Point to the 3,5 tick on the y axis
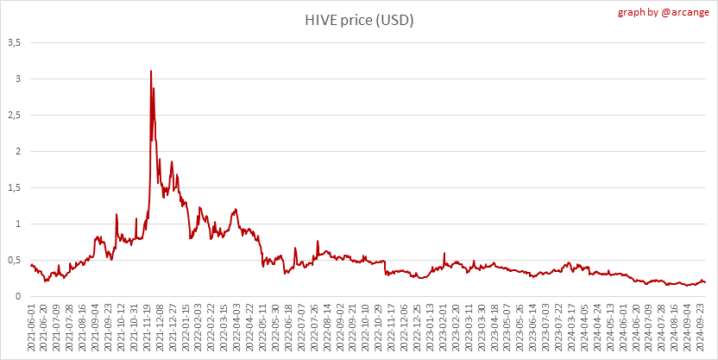click(15, 42)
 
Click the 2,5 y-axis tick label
click(15, 115)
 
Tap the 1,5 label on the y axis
click(15, 187)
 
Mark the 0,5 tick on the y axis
click(15, 260)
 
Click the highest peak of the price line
click(151, 71)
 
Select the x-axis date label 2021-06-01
click(32, 328)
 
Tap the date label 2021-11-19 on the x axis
click(147, 328)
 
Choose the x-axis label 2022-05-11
click(262, 328)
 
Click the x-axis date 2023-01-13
click(429, 328)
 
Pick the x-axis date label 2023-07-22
click(557, 328)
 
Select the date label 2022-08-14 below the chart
click(326, 328)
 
